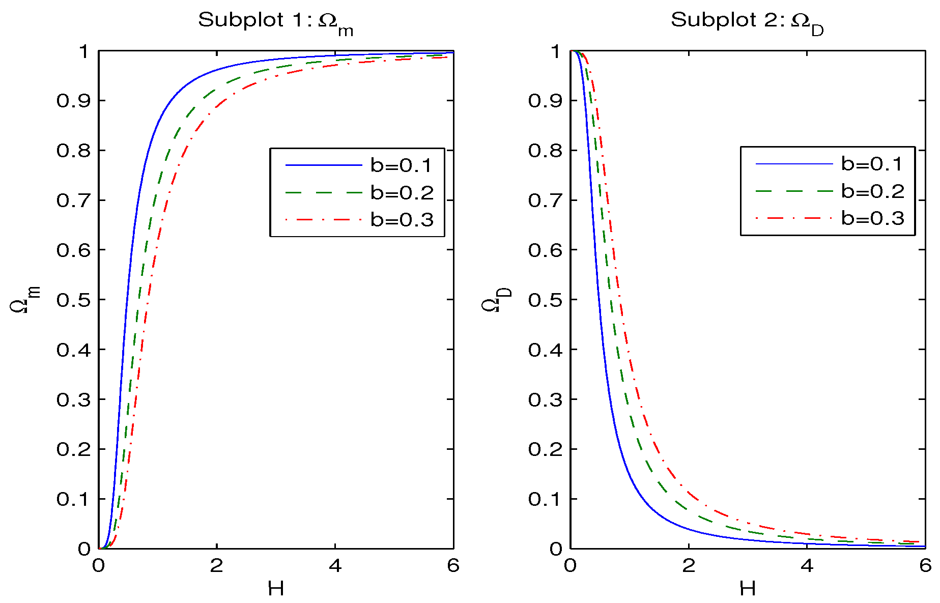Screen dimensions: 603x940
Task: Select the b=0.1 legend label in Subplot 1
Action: point(401,165)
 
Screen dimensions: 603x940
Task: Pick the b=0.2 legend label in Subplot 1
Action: point(402,192)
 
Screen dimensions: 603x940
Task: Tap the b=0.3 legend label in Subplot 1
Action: point(402,220)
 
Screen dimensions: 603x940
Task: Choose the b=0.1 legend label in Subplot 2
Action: point(872,164)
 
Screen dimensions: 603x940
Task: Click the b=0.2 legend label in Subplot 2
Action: point(873,191)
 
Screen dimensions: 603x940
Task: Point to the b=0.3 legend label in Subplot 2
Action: point(873,218)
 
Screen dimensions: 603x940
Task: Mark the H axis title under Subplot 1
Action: point(276,589)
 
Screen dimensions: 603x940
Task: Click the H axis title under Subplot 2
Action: point(748,589)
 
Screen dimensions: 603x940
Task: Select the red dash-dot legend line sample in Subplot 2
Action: point(794,218)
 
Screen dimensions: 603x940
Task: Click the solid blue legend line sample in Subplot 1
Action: point(323,165)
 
